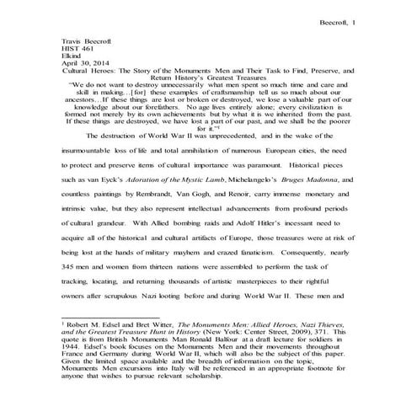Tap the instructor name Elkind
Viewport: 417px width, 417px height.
coord(75,58)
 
